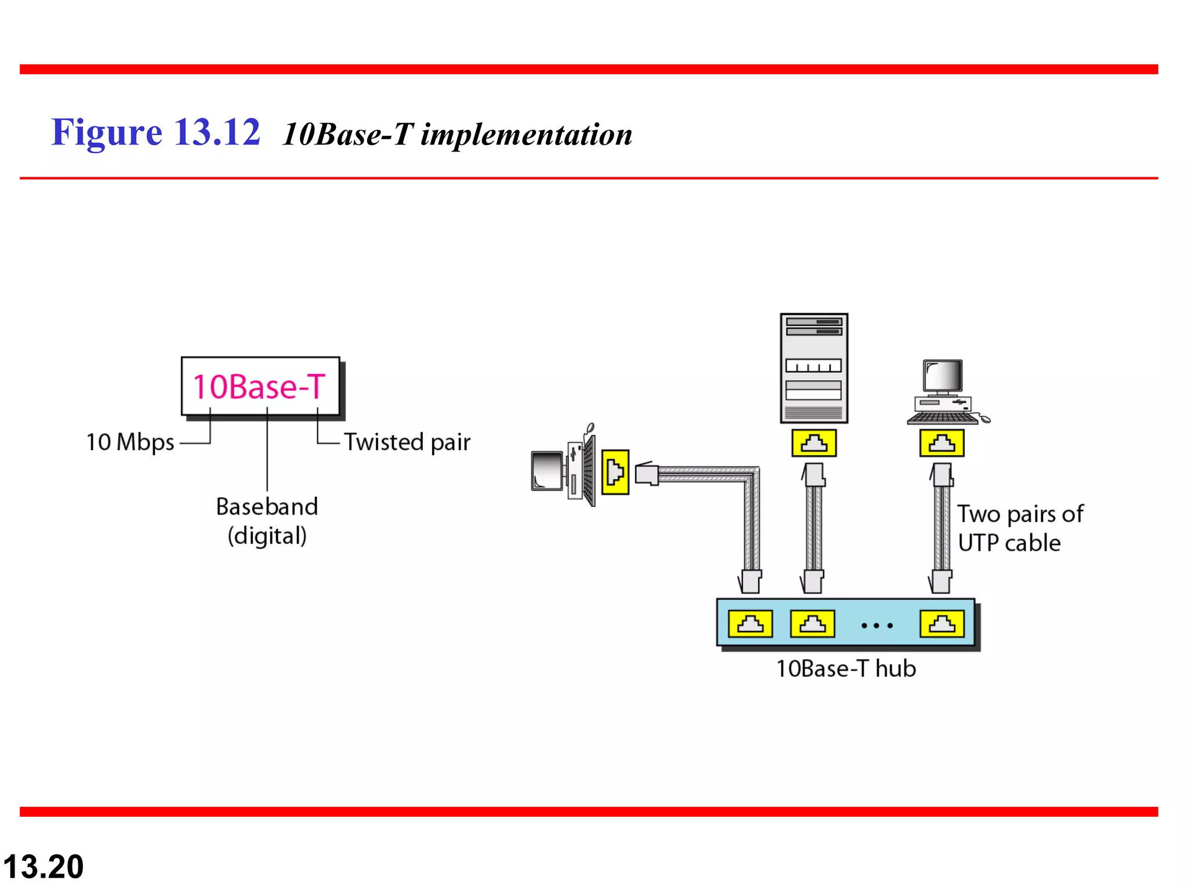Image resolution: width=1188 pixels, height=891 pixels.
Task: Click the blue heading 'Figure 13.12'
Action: point(155,132)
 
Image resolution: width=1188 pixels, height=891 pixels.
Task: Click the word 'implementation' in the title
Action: point(526,135)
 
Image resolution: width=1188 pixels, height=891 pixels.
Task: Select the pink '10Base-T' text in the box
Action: point(259,387)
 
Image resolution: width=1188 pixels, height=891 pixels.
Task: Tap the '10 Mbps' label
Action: point(130,442)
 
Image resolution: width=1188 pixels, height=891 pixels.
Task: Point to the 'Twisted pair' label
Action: point(407,442)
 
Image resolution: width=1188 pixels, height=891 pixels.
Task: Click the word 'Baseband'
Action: point(267,506)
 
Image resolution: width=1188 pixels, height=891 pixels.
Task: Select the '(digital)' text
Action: point(267,535)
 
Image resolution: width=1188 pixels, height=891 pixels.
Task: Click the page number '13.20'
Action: point(44,867)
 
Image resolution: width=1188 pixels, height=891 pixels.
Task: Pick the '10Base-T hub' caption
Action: point(846,669)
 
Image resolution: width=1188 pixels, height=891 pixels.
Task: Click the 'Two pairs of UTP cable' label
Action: point(1019,528)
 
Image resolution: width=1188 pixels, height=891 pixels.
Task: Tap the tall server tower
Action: point(814,368)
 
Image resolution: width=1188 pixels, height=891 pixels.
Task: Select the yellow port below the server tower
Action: point(814,443)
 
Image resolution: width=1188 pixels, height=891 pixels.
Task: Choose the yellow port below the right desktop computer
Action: point(942,443)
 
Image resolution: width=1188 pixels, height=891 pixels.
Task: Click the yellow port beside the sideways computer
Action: point(615,472)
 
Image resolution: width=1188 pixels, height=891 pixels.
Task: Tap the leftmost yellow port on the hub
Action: point(750,624)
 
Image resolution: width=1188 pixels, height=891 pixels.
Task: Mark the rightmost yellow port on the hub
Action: point(942,624)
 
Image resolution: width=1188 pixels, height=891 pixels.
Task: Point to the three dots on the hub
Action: point(877,625)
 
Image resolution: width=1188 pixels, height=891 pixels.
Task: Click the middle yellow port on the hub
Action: point(812,624)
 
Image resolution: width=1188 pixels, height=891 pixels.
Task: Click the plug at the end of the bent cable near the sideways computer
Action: point(647,474)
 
